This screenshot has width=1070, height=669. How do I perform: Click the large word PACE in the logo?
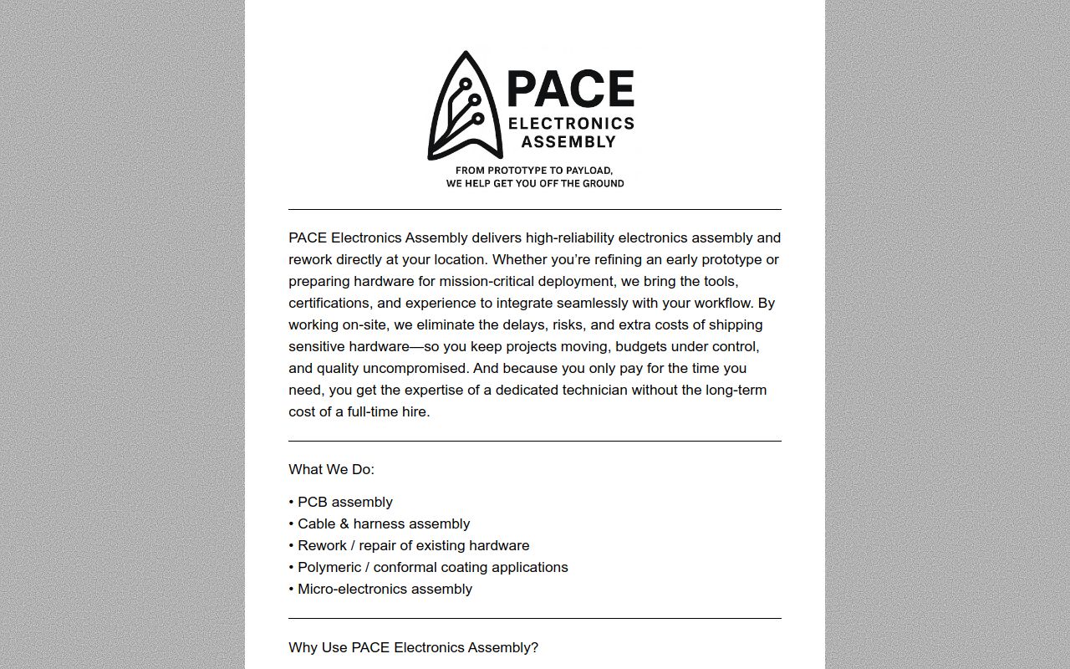coord(570,89)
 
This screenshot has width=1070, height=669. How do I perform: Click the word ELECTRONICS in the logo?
coord(571,124)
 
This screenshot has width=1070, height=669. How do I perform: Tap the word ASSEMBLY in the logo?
coord(568,142)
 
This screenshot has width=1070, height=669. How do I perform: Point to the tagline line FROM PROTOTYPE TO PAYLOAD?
coord(534,170)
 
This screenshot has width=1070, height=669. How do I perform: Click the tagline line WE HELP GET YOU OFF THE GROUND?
coord(534,183)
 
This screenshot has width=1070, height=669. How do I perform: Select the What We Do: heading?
coord(331,469)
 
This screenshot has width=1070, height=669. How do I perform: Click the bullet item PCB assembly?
coord(344,502)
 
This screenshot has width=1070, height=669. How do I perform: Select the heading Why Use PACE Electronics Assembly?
coord(413,647)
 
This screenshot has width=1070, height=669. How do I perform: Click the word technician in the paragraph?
coord(594,390)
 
